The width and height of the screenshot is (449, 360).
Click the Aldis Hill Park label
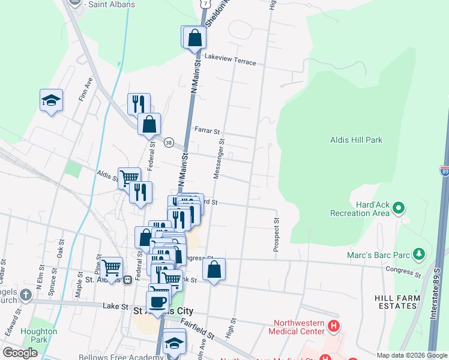(x=356, y=140)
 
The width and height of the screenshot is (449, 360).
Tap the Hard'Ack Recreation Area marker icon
(x=397, y=209)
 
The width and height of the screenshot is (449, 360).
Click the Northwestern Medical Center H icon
(x=334, y=327)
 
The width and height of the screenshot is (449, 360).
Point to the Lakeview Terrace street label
(x=230, y=62)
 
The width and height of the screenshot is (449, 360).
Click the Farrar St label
(x=208, y=130)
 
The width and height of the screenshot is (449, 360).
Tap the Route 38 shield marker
(x=169, y=143)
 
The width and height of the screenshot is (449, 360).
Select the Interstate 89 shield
(x=444, y=172)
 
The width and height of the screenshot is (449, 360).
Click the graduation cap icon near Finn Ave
(x=51, y=100)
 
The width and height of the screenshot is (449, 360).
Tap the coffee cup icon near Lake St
(x=157, y=302)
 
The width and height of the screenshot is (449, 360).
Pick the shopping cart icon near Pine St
(x=111, y=267)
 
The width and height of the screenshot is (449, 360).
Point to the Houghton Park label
(x=39, y=335)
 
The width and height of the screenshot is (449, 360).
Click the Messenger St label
(x=219, y=160)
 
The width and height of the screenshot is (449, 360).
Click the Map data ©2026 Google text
(x=412, y=355)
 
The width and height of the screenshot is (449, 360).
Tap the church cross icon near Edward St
(x=25, y=295)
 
